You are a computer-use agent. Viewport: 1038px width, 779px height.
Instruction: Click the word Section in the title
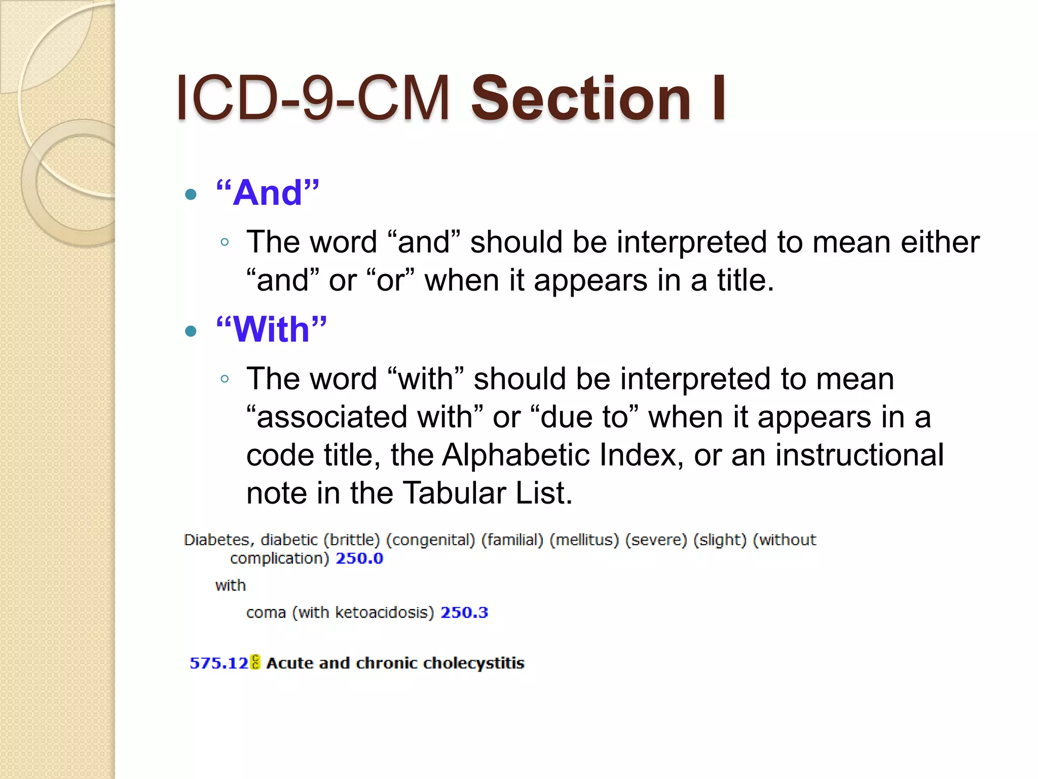pos(581,98)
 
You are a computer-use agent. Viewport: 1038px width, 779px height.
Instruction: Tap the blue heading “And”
pos(268,193)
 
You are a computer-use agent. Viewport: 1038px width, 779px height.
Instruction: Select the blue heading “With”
pos(271,330)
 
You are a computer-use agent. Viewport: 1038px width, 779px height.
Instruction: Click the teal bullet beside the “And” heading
pos(191,194)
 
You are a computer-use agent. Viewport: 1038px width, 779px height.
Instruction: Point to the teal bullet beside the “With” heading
pos(191,332)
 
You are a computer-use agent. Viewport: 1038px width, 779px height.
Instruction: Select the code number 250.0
pos(359,558)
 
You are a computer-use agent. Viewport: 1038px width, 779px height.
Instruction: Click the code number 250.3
pos(464,613)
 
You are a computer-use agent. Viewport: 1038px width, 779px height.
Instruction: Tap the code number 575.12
pos(218,663)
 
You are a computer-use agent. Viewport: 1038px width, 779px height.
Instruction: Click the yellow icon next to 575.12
pos(255,662)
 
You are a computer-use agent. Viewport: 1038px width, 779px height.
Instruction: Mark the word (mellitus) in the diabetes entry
pos(584,540)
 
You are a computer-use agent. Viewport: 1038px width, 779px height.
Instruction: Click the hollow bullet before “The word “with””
pos(225,379)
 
